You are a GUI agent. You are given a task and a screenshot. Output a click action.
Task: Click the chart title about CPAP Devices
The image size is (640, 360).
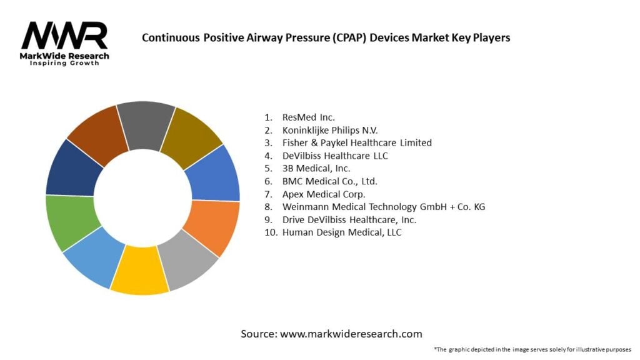326,37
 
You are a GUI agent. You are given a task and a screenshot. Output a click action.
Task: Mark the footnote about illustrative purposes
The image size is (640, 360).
532,349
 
